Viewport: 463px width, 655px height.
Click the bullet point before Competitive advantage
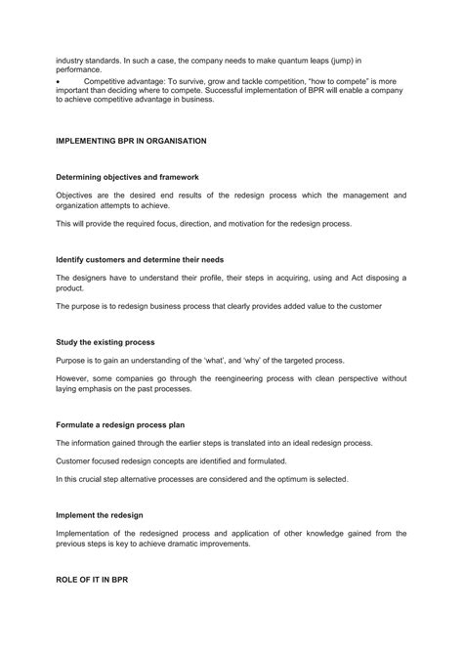pyautogui.click(x=58, y=80)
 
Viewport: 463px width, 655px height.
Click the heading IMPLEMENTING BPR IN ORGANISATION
pyautogui.click(x=131, y=141)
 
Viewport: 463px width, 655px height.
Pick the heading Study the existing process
pyautogui.click(x=105, y=343)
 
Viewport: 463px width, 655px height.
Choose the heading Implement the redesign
pyautogui.click(x=100, y=514)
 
